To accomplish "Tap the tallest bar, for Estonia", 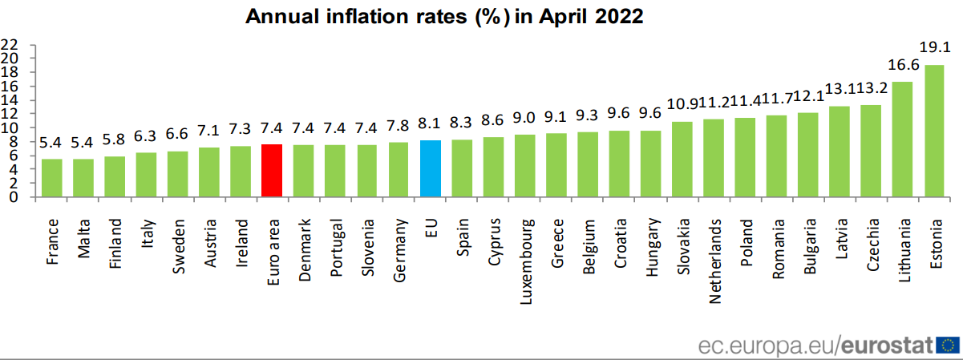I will [934, 131].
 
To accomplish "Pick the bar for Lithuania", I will [902, 140].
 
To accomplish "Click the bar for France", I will [52, 178].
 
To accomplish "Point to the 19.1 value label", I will [934, 46].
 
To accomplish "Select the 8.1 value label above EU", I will [431, 124].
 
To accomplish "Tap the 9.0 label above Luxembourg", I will [525, 118].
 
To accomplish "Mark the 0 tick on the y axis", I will [14, 198].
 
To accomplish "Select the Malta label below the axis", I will [83, 233].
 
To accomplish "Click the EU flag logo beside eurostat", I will [948, 346].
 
